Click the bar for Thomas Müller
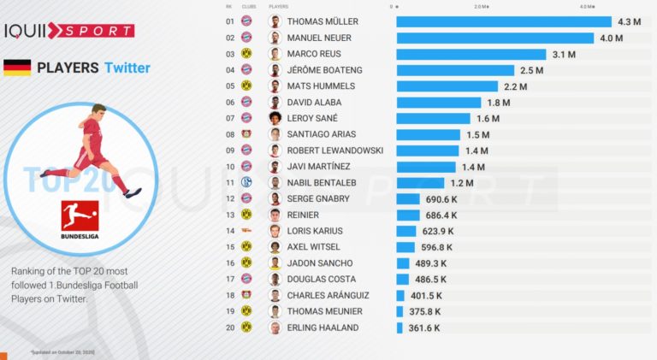504,21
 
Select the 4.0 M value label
612,38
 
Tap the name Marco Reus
313,54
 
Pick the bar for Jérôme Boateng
455,70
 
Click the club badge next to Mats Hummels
246,86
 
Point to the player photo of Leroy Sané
275,118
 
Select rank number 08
229,134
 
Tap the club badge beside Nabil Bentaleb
246,182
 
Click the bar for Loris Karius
406,231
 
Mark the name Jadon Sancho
319,263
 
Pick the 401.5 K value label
424,296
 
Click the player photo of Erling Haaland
275,328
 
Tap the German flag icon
17,68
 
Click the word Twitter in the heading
127,68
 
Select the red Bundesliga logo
80,215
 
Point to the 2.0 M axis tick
481,6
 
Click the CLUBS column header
248,6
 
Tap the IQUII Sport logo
68,31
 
